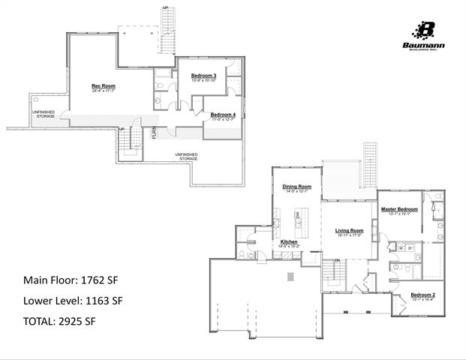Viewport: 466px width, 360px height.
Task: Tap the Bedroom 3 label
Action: point(203,76)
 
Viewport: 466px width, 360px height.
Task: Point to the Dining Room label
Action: point(296,186)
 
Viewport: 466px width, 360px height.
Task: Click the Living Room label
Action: point(349,230)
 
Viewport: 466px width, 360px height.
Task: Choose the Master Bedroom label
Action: point(398,208)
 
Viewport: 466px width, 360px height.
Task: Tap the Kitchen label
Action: point(290,242)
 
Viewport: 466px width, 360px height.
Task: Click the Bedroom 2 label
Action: point(423,295)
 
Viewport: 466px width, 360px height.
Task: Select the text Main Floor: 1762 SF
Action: point(71,280)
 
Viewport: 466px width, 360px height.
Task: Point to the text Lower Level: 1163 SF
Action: point(73,301)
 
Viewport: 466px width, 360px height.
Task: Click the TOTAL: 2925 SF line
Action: point(60,321)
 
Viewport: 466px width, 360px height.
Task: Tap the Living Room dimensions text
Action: point(349,235)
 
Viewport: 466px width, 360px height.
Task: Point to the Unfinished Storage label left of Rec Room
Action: point(44,114)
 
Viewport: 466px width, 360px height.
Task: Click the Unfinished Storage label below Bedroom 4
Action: point(186,156)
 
